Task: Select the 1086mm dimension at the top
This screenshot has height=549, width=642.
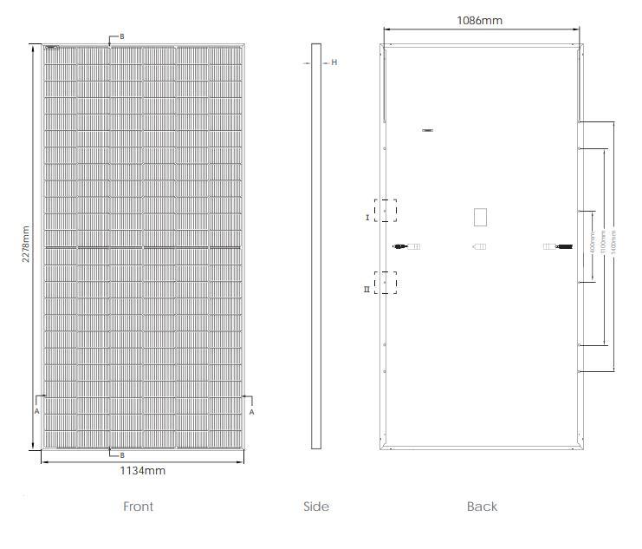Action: [479, 20]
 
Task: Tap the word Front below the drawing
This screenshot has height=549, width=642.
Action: [138, 507]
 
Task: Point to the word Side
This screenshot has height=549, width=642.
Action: [316, 507]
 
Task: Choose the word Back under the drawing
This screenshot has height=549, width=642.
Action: [482, 507]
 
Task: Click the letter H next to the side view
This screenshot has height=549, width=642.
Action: [334, 62]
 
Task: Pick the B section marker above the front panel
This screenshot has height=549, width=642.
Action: [122, 36]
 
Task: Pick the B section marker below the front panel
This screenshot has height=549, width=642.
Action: [122, 454]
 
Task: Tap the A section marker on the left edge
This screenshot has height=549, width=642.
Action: [36, 412]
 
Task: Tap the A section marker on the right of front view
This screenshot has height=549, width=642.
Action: [251, 412]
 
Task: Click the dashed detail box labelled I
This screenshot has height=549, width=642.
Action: [386, 212]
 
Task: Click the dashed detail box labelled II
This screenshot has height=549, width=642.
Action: [386, 283]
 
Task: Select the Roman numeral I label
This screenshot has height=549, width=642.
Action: [367, 218]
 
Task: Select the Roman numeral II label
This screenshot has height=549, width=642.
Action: [367, 289]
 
